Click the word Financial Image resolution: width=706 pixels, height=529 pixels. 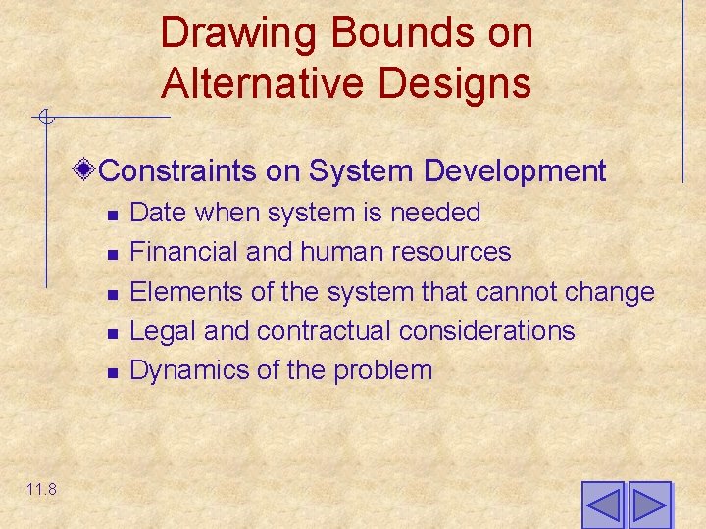tap(184, 252)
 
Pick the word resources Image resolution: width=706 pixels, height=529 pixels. tap(451, 252)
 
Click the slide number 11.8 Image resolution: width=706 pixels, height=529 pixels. tap(42, 489)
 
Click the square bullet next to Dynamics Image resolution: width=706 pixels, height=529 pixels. tap(113, 372)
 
